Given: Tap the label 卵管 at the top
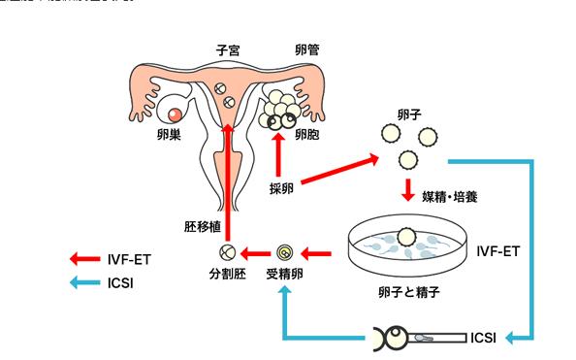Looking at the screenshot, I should [308, 49].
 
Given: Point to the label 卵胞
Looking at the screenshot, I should [308, 134].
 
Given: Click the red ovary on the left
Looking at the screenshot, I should [176, 115].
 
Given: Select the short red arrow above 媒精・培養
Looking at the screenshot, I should [408, 186].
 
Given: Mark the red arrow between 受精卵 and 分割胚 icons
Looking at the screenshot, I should [256, 255].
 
